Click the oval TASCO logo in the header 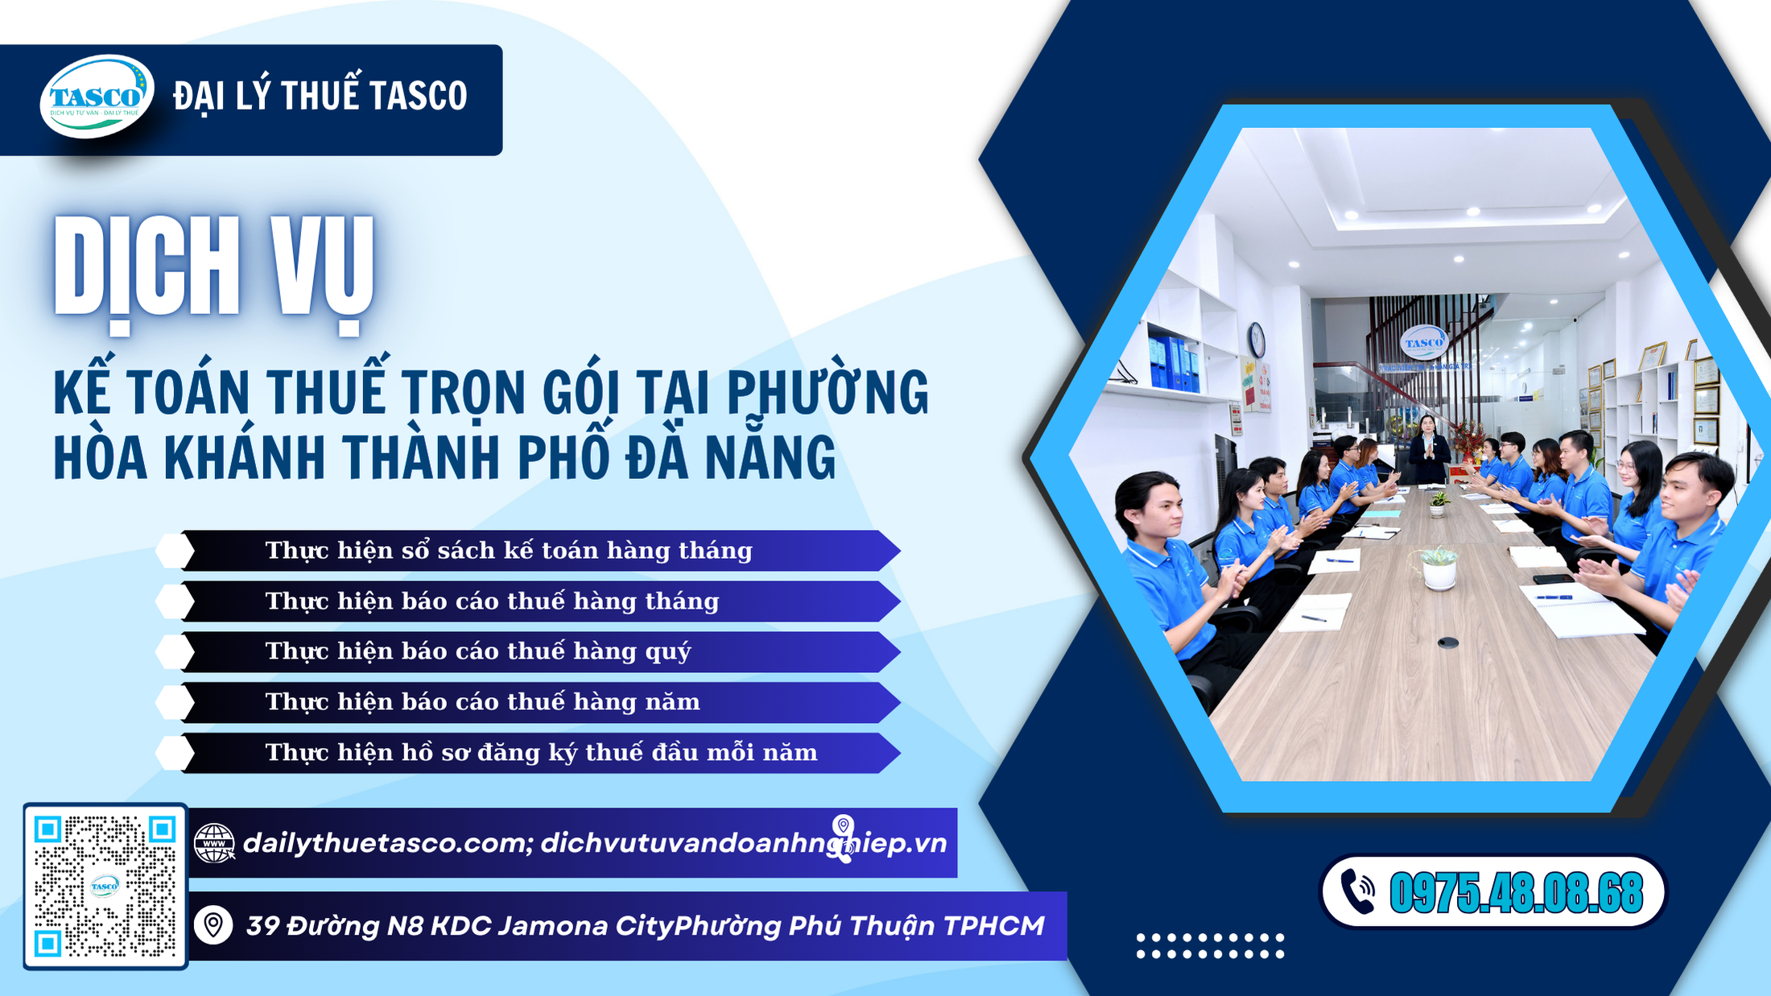[97, 97]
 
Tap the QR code [105, 886]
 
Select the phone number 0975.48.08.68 [1515, 893]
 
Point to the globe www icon [214, 843]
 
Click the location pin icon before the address [213, 925]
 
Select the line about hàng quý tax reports [478, 651]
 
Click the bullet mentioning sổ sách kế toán [509, 551]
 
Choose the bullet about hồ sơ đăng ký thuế [541, 753]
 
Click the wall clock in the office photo [1256, 339]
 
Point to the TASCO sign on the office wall [1423, 342]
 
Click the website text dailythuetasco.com [385, 843]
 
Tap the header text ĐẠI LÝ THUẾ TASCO [320, 97]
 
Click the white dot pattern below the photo [1210, 945]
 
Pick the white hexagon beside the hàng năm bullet [175, 702]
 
